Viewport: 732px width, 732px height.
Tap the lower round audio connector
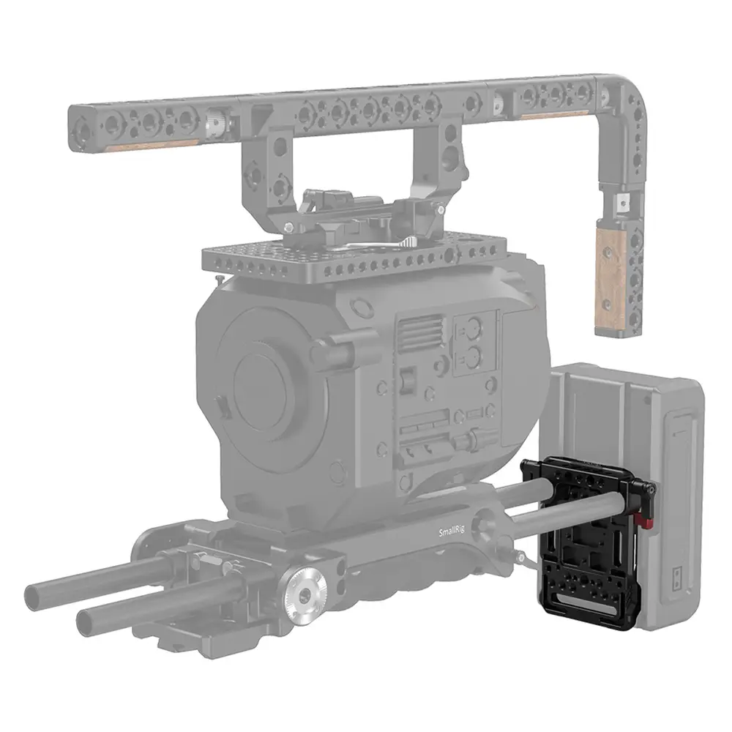[x=472, y=358]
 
